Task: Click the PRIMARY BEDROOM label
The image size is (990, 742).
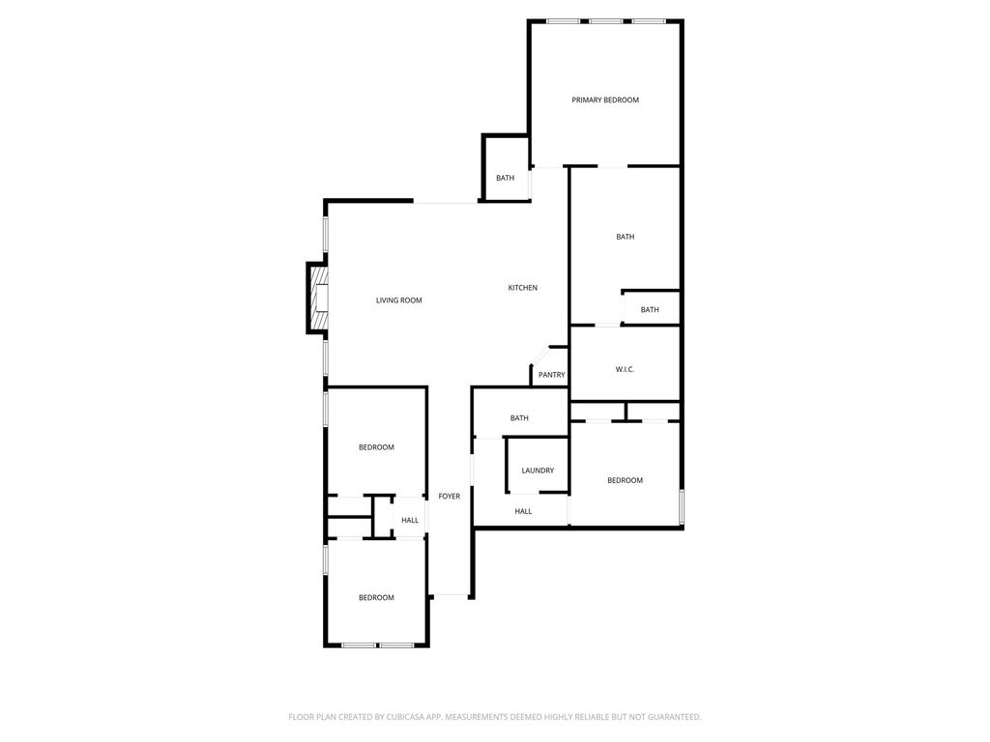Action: pyautogui.click(x=605, y=100)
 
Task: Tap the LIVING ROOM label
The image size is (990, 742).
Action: pyautogui.click(x=398, y=300)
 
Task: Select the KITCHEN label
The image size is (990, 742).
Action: pyautogui.click(x=523, y=288)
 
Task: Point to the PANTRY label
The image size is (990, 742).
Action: pyautogui.click(x=551, y=375)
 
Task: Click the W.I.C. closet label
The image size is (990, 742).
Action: pyautogui.click(x=625, y=369)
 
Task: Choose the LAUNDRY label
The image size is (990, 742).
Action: pyautogui.click(x=538, y=471)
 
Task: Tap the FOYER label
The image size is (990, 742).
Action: pyautogui.click(x=450, y=496)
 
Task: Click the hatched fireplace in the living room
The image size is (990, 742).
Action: pyautogui.click(x=317, y=298)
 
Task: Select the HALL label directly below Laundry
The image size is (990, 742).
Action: pyautogui.click(x=523, y=511)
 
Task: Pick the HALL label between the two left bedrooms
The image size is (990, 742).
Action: pyautogui.click(x=410, y=520)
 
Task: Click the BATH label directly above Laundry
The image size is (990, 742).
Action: pyautogui.click(x=519, y=418)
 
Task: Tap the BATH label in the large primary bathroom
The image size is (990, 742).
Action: pyautogui.click(x=626, y=237)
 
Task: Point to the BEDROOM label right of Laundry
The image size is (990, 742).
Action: pyautogui.click(x=625, y=480)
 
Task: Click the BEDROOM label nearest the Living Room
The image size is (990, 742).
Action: pyautogui.click(x=376, y=447)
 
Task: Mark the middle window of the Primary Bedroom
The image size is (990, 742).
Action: pyautogui.click(x=605, y=21)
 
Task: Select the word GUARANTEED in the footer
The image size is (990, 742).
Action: pyautogui.click(x=666, y=717)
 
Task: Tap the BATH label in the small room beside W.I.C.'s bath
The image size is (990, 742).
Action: pyautogui.click(x=650, y=310)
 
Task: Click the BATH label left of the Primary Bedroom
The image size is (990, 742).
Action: pyautogui.click(x=506, y=178)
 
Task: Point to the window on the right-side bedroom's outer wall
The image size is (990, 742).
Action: pyautogui.click(x=682, y=507)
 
